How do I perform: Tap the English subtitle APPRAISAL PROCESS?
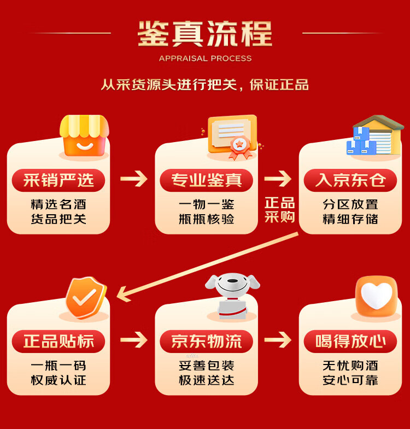point(205,58)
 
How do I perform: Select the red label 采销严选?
point(58,180)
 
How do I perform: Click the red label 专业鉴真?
point(206,180)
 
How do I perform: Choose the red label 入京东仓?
point(350,180)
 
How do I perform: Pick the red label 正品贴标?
point(58,342)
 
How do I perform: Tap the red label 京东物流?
point(206,342)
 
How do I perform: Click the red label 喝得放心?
point(350,342)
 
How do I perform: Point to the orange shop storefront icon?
point(84,136)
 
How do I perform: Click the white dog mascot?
point(232,295)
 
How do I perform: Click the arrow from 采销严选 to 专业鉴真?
point(133,179)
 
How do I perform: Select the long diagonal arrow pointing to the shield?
point(208,265)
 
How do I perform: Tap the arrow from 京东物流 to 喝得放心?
point(278,340)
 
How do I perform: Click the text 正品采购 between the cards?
point(279,210)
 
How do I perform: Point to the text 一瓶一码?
point(58,366)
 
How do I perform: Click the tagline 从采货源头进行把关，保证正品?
point(205,85)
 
